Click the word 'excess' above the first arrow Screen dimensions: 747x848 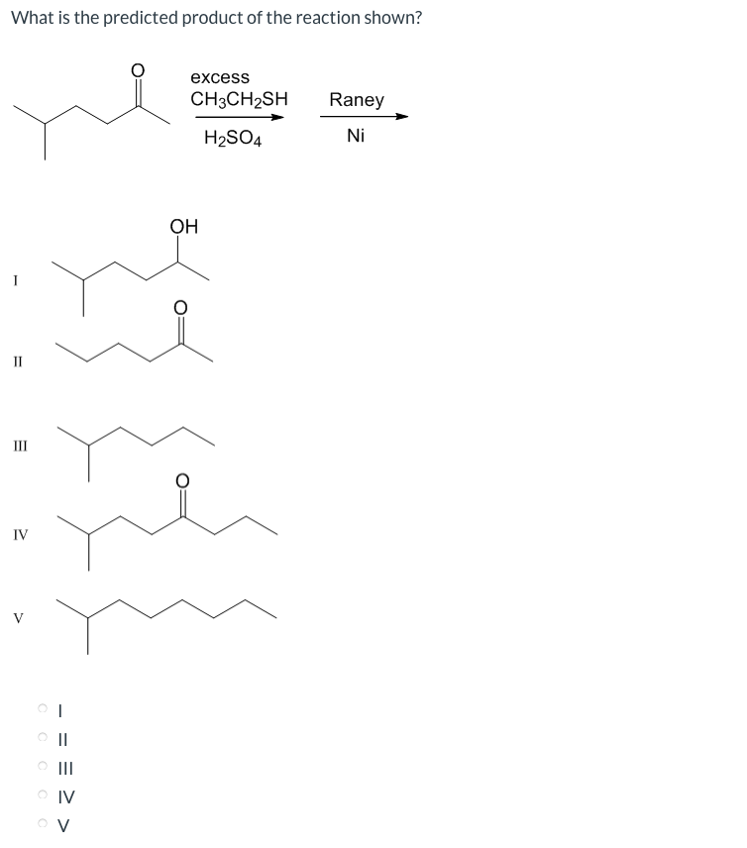[x=220, y=77]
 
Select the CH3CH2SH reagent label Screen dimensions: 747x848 [x=240, y=99]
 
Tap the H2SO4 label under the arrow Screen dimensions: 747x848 [x=233, y=139]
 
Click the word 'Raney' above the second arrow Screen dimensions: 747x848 [x=357, y=100]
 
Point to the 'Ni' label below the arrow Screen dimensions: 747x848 [x=356, y=137]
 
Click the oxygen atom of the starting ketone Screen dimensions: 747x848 [x=139, y=71]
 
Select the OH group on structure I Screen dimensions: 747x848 [x=183, y=227]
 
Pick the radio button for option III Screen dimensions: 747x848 [x=43, y=766]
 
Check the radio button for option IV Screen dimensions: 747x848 [x=43, y=795]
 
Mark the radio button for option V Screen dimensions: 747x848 [x=43, y=822]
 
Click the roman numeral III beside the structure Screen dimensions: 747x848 [x=20, y=447]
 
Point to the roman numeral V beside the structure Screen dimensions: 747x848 [x=19, y=620]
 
